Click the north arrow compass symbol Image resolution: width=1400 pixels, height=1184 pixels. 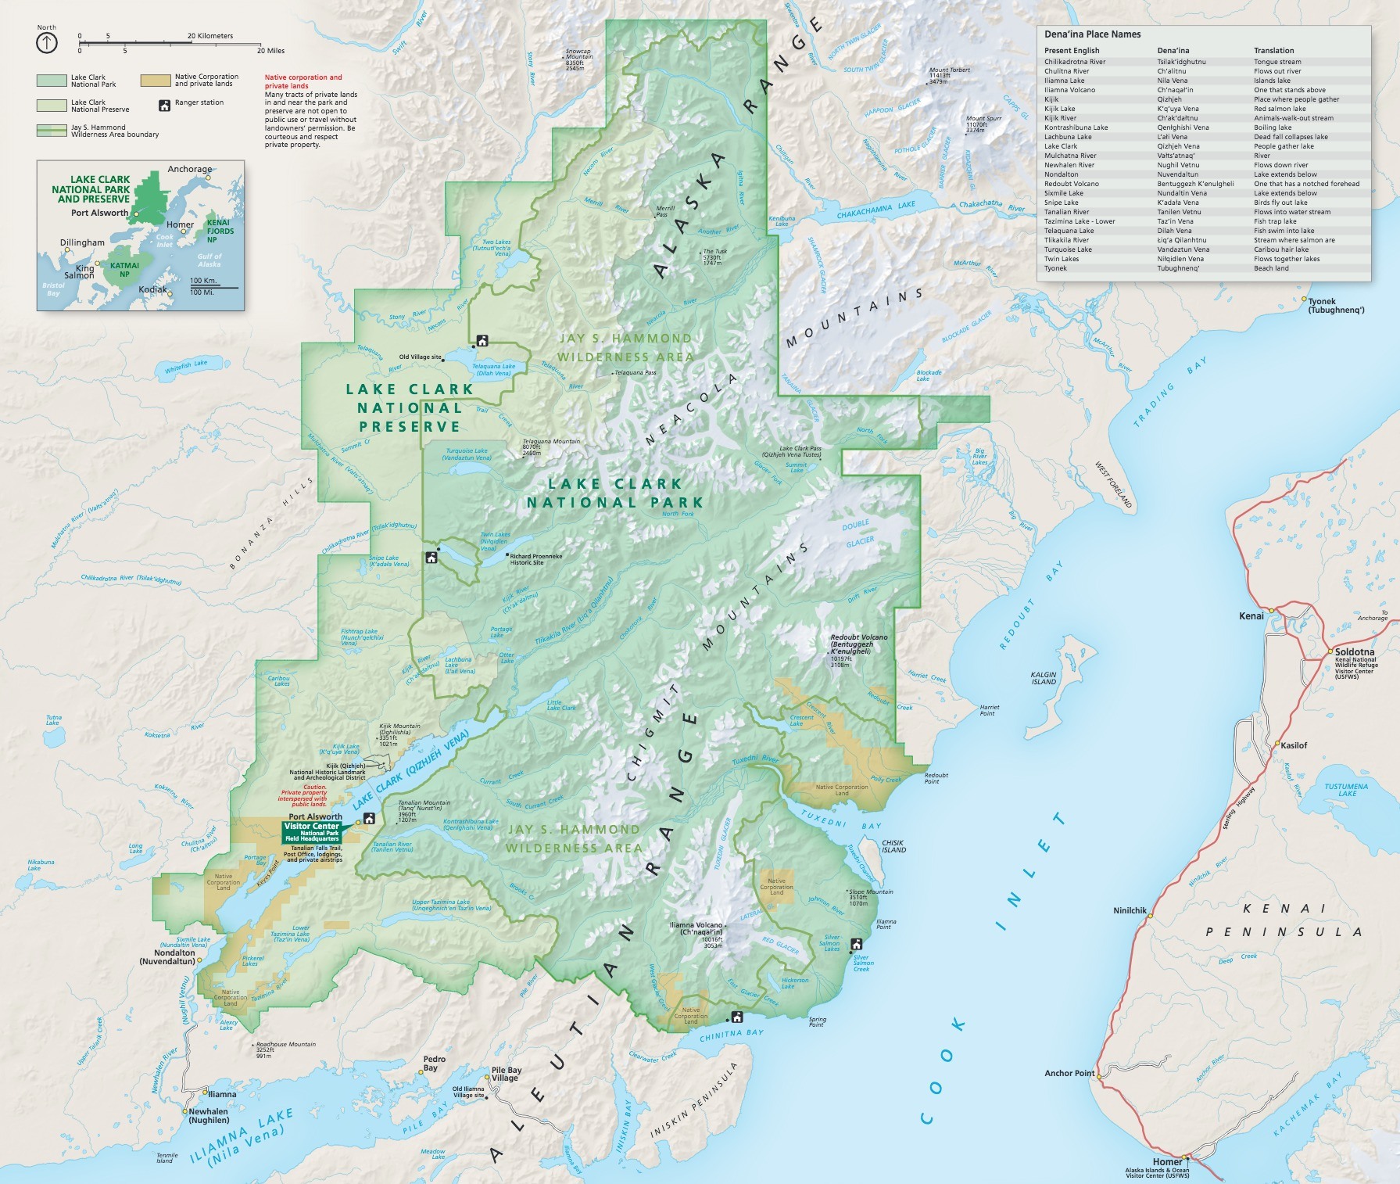47,43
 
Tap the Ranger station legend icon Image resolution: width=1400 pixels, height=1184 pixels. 164,105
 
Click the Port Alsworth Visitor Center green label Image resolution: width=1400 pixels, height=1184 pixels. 312,831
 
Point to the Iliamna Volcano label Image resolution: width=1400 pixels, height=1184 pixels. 696,928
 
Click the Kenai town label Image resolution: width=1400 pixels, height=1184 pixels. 1251,616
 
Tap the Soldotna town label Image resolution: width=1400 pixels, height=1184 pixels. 1354,651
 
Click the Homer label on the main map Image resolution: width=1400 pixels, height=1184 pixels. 1167,1162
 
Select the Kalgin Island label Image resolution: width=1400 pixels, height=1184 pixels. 1044,678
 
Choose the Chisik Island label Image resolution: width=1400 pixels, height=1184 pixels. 893,847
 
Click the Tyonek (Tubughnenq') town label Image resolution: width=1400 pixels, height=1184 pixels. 1336,306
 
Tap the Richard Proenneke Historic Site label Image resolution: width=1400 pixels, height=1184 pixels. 535,559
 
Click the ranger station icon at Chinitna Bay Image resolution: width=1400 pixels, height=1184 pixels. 736,1017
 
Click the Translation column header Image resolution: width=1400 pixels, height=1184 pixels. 1273,50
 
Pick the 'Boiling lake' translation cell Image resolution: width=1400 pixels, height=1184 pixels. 1273,127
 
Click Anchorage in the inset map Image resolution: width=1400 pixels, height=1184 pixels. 189,169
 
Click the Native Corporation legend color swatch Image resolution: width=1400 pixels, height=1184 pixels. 156,80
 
